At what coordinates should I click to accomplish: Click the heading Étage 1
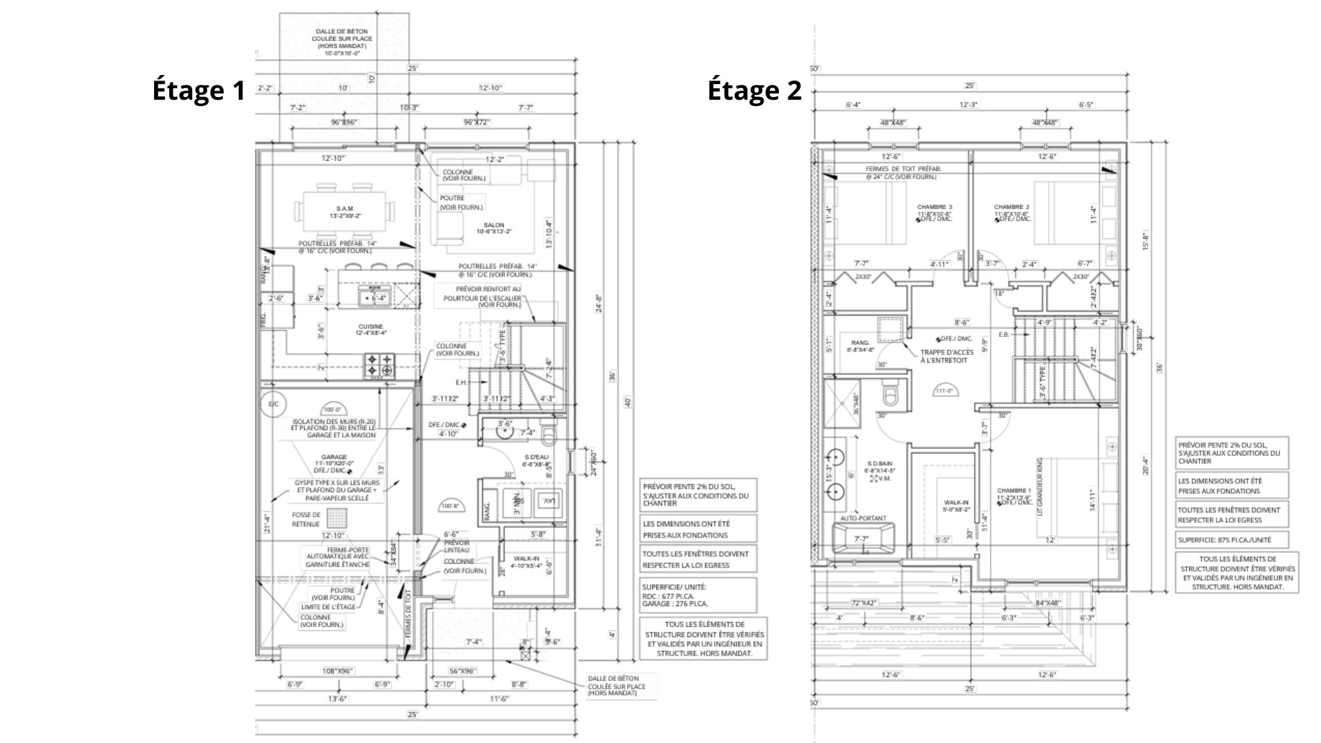(199, 91)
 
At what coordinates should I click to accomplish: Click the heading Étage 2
(755, 91)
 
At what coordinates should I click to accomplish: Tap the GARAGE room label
(334, 457)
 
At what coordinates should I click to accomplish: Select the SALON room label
(493, 225)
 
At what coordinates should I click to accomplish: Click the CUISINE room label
(370, 327)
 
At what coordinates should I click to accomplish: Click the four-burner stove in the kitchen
(379, 364)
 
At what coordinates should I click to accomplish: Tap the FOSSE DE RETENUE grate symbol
(337, 518)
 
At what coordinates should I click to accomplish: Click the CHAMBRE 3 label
(934, 207)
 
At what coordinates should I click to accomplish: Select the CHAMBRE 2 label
(1011, 207)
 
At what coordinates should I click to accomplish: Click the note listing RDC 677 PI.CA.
(698, 595)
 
